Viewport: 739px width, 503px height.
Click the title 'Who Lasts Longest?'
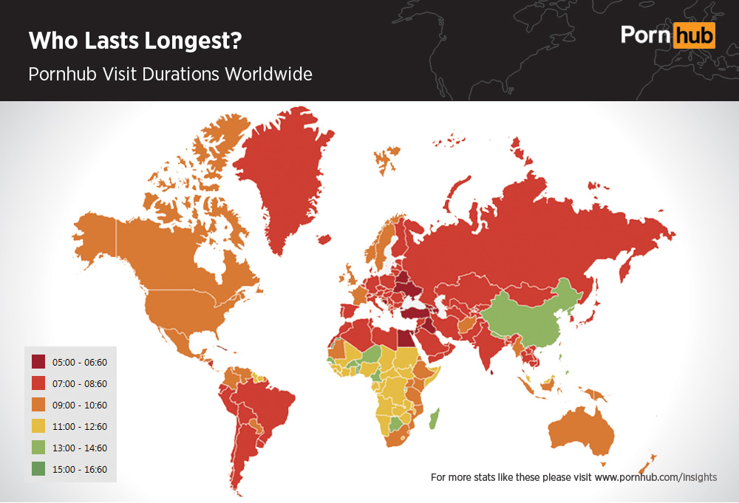tap(135, 41)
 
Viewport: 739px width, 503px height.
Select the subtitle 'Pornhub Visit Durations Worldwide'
tap(170, 75)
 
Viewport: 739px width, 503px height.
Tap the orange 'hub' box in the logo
tap(694, 35)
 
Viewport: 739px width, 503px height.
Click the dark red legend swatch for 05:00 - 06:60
tap(38, 362)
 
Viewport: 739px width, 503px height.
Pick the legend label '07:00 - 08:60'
tap(80, 383)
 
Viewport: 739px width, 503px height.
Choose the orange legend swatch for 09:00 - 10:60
tap(38, 405)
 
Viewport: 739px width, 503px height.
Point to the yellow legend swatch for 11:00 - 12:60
tap(38, 426)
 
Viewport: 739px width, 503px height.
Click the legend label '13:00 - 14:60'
tap(80, 448)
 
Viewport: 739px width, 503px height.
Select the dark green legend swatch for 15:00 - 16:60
tap(38, 469)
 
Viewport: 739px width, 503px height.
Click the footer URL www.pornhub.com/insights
tap(655, 477)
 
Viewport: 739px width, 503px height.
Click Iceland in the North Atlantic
tap(324, 239)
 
